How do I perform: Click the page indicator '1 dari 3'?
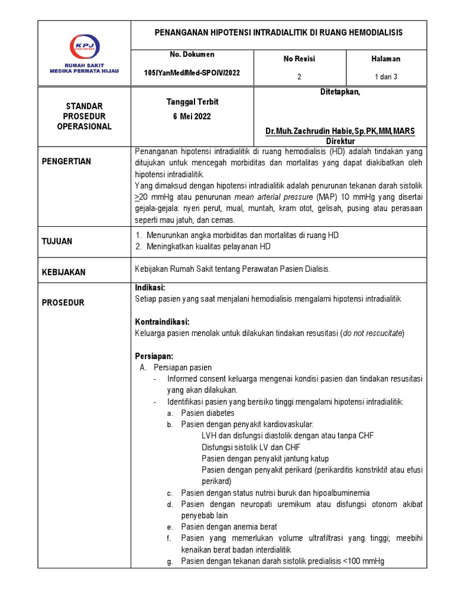pyautogui.click(x=385, y=77)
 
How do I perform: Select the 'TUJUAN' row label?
pyautogui.click(x=57, y=241)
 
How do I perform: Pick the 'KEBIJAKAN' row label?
pyautogui.click(x=63, y=272)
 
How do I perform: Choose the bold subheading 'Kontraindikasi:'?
pyautogui.click(x=162, y=322)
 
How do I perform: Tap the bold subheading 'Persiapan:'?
pyautogui.click(x=154, y=356)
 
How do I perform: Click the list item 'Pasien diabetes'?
pyautogui.click(x=207, y=413)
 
